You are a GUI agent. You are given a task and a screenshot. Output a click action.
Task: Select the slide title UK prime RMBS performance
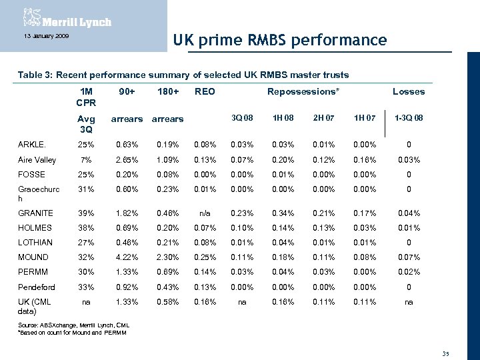279,41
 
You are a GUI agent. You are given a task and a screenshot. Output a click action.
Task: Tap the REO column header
205,91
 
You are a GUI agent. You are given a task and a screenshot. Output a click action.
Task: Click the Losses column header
408,91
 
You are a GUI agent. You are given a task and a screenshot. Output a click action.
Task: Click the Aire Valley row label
37,160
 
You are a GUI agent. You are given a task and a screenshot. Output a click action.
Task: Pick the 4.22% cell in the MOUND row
126,257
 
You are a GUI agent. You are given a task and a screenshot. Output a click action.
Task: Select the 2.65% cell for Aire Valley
126,160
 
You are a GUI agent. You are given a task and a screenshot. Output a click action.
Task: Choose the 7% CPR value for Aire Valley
85,160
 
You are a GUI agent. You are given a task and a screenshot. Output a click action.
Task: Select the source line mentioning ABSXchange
69,325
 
